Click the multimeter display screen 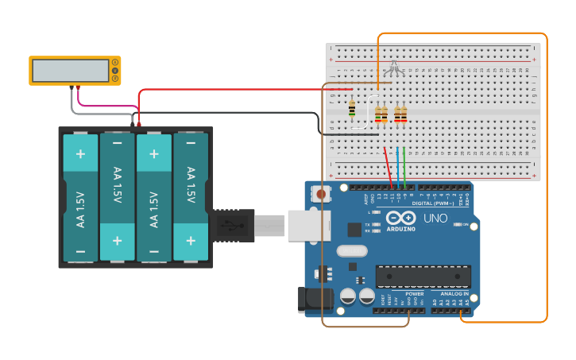70,71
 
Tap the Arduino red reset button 321,192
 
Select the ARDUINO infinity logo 400,219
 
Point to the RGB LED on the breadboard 393,68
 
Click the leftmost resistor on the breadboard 352,109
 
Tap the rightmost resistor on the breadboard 400,115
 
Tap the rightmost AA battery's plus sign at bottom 191,239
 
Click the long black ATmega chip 423,276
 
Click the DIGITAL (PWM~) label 428,203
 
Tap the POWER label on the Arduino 414,294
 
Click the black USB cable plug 231,226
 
